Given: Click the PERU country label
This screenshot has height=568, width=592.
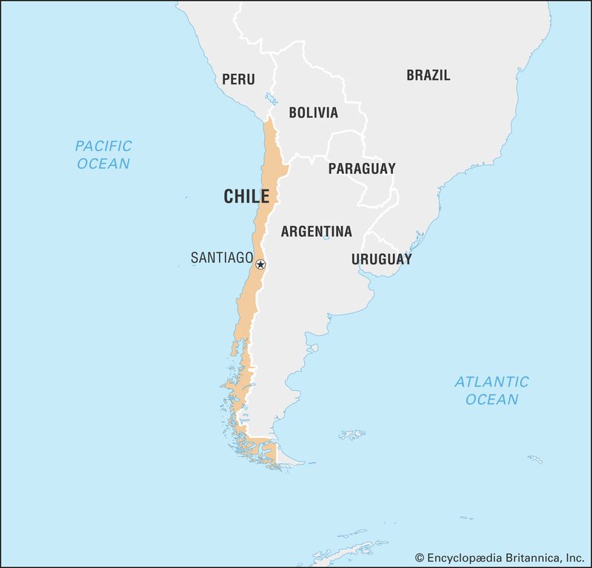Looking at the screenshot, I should pos(238,79).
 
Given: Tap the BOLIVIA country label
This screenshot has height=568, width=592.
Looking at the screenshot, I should pos(313,113).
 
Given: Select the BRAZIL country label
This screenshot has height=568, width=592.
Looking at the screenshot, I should pos(428,75).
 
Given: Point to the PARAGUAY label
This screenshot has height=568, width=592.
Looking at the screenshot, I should pos(362,168).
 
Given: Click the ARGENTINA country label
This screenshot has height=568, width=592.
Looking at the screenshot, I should pos(316,232).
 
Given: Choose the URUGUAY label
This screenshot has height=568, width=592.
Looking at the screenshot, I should pos(381,259).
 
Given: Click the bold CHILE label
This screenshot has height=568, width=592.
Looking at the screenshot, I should pos(246,196).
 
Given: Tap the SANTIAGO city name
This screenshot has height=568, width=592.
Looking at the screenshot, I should pos(222,258).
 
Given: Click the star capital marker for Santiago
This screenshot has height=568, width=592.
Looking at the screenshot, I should pos(260,264).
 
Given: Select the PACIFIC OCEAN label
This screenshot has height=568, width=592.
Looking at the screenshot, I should pos(104,155).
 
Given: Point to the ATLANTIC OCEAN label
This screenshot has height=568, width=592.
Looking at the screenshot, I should pos(491,390).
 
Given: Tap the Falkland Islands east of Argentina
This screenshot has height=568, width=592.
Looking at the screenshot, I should pos(352,434).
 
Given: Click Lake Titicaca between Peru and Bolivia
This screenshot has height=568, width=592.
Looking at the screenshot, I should pos(271,98).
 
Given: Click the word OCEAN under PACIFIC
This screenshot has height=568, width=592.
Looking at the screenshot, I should pos(104,164).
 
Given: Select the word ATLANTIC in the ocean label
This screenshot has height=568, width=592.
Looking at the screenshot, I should pos(491,382).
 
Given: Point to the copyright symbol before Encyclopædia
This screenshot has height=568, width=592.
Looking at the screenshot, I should pos(419,557).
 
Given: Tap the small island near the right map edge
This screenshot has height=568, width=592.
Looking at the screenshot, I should pos(534,460).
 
